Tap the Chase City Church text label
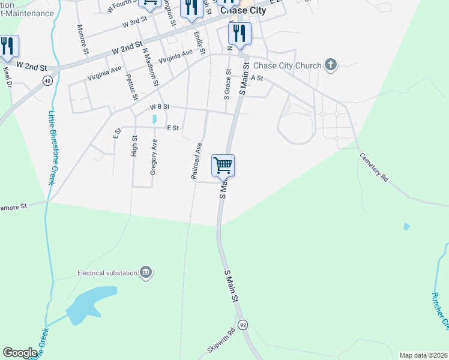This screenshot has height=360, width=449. [288, 65]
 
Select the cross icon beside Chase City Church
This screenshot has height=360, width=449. [330, 64]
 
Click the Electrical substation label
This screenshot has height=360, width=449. [107, 273]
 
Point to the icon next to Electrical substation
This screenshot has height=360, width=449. [145, 273]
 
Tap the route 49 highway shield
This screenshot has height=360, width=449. [47, 80]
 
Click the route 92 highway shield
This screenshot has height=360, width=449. [243, 325]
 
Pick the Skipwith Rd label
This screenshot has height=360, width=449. [223, 340]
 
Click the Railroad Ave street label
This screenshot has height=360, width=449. [196, 161]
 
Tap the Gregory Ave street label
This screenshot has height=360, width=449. [154, 157]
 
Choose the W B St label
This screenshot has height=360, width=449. [160, 107]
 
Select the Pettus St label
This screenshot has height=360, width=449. [131, 86]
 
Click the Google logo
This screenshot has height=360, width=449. [20, 353]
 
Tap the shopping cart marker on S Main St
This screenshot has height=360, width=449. [223, 165]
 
